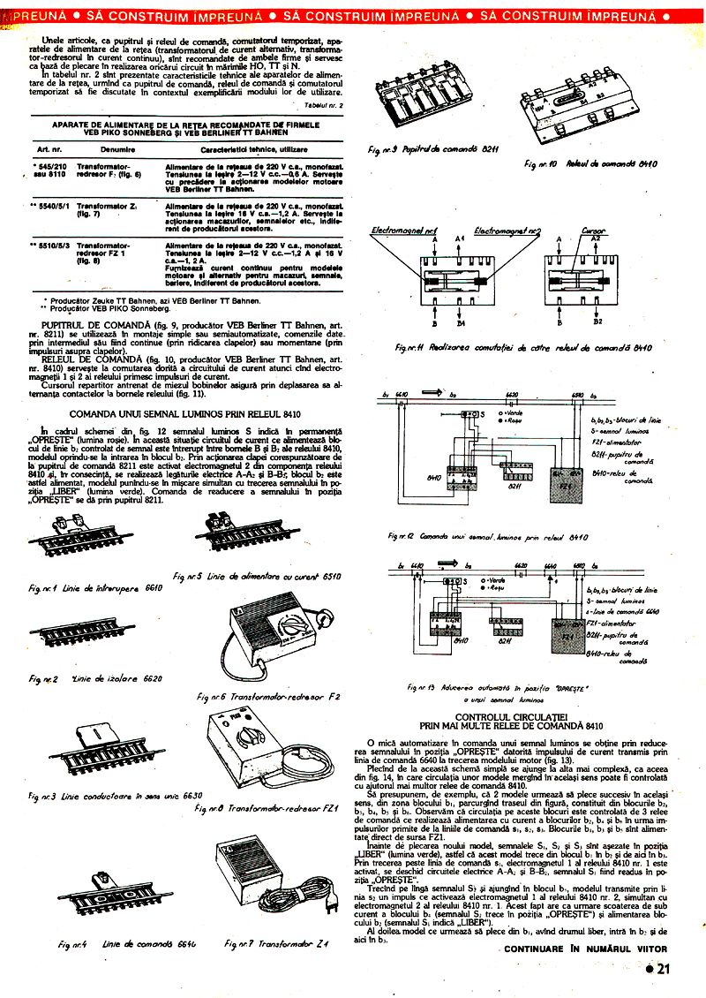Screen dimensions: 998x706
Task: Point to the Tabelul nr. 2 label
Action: (322, 105)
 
